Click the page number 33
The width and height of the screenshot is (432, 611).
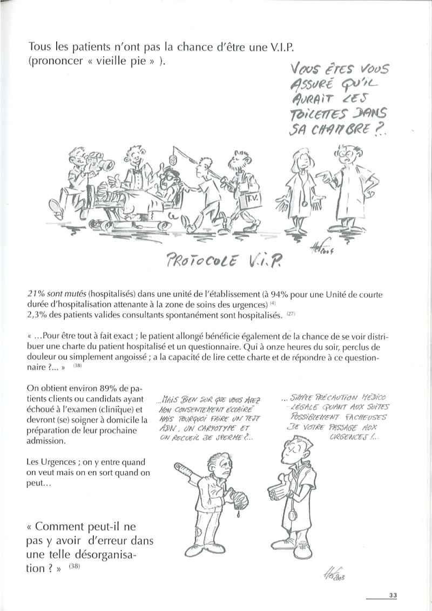click(393, 596)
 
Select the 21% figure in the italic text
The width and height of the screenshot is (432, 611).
click(36, 294)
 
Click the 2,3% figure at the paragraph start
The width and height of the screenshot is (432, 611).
click(37, 315)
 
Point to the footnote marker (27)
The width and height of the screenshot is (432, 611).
click(291, 314)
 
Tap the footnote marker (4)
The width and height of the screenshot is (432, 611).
click(273, 303)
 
